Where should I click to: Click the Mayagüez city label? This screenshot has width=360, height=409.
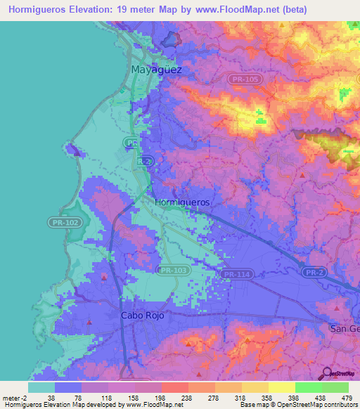[x=156, y=70]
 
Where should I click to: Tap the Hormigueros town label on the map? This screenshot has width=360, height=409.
[x=181, y=202]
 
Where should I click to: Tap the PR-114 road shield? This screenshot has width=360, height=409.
[x=236, y=274]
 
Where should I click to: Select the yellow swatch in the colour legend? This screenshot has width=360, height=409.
[x=281, y=387]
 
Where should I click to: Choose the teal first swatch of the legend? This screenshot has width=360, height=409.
[x=41, y=387]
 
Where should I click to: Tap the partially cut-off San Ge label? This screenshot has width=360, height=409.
[x=345, y=328]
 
